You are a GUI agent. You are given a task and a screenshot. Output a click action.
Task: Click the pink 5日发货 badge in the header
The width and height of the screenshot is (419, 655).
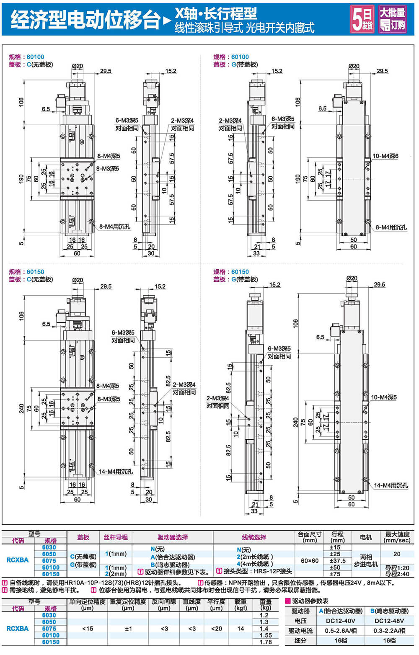click(x=362, y=19)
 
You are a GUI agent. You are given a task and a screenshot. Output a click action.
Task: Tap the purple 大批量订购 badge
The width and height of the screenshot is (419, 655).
click(x=393, y=19)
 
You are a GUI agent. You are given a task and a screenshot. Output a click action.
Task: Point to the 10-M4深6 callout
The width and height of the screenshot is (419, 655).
click(x=385, y=156)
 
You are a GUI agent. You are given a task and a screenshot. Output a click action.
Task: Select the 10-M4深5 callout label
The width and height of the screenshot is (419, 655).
click(x=383, y=397)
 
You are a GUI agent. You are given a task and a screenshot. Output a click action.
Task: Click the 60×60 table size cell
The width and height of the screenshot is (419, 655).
click(x=310, y=560)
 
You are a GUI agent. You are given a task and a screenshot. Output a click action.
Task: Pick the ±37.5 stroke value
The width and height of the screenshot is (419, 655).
click(x=337, y=560)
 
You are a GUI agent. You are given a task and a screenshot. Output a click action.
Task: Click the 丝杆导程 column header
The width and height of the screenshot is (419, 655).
click(x=116, y=537)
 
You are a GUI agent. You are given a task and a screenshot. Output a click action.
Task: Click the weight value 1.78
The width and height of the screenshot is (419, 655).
click(x=266, y=642)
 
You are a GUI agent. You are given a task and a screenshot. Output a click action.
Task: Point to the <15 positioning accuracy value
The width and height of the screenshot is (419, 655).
click(x=88, y=628)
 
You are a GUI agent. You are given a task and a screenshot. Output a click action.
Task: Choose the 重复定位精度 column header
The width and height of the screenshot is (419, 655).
click(x=128, y=604)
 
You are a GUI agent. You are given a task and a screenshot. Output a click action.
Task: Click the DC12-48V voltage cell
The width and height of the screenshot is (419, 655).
click(x=389, y=621)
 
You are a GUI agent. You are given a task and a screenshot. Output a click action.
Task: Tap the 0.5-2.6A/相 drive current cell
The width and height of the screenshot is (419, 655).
click(x=341, y=631)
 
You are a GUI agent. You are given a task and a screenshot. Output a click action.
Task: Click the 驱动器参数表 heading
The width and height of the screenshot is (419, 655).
click(x=310, y=601)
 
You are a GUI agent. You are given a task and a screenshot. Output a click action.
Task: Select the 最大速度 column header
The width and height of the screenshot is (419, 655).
click(x=397, y=537)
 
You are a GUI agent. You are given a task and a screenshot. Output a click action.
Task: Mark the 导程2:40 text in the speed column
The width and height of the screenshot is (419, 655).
click(x=397, y=574)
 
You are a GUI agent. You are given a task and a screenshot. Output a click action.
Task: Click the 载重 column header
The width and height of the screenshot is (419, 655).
click(x=240, y=604)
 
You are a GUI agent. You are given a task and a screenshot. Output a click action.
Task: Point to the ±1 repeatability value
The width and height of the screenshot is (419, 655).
click(x=128, y=628)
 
